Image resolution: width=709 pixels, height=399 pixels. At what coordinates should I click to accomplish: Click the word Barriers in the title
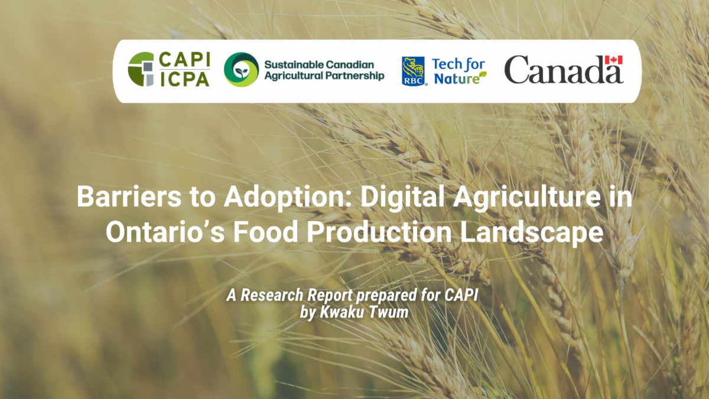coord(129,197)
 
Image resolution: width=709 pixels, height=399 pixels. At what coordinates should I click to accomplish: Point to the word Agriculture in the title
coord(526,197)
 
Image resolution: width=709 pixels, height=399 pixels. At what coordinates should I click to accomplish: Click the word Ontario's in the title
coord(165,232)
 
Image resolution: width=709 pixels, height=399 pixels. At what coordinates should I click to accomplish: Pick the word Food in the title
coord(265,232)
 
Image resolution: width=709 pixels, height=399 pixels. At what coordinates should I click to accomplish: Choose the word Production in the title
coord(379,232)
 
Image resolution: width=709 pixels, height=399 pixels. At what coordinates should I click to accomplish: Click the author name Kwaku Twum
coord(364,312)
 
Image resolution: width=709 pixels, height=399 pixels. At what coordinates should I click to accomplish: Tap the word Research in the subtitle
coord(272,295)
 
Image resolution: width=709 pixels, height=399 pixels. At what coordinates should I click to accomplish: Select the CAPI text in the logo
coord(184,60)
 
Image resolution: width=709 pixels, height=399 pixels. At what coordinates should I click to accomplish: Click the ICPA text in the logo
coord(184,79)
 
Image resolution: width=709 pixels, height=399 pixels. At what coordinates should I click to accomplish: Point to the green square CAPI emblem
coord(141,69)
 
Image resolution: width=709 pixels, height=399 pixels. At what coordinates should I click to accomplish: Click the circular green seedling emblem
coord(241,70)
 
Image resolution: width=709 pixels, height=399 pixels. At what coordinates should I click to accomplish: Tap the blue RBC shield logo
coord(413,72)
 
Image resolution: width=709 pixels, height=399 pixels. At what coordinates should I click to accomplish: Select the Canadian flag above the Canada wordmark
coord(614,60)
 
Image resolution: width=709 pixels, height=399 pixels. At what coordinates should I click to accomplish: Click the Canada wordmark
coord(564,70)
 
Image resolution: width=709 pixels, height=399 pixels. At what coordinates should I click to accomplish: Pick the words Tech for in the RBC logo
coord(458,65)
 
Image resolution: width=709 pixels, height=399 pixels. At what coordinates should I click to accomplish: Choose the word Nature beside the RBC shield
coord(457,79)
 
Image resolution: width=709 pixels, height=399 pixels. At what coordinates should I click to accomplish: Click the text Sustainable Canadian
coord(319,64)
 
